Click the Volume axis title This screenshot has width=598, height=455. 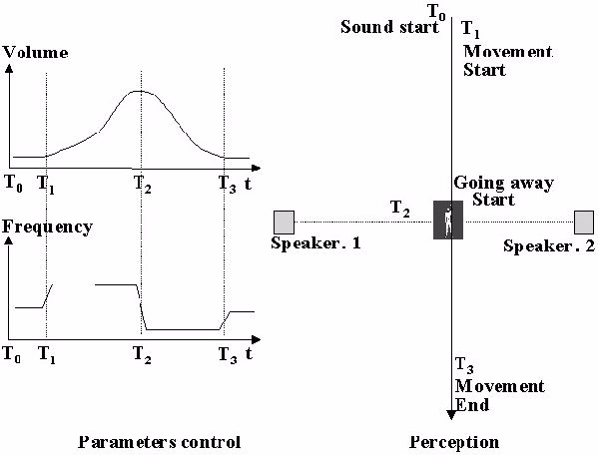pyautogui.click(x=36, y=52)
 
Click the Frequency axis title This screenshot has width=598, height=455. pyautogui.click(x=47, y=227)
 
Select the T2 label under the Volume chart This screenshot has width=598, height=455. pyautogui.click(x=142, y=185)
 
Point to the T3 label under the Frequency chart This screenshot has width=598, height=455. pyautogui.click(x=228, y=355)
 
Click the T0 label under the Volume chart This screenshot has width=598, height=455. pyautogui.click(x=13, y=184)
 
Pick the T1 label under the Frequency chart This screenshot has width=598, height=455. pyautogui.click(x=47, y=355)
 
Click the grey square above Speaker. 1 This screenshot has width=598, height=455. pyautogui.click(x=285, y=223)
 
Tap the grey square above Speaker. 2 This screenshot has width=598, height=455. pyautogui.click(x=584, y=223)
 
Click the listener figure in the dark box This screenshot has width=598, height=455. pyautogui.click(x=448, y=220)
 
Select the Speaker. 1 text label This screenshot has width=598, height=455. pyautogui.click(x=315, y=243)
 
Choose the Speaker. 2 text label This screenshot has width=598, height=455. pyautogui.click(x=549, y=246)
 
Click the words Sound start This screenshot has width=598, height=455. pyautogui.click(x=389, y=27)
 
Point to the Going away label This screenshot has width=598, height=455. pyautogui.click(x=503, y=184)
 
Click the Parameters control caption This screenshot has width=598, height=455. pyautogui.click(x=160, y=442)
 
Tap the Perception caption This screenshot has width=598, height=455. pyautogui.click(x=454, y=442)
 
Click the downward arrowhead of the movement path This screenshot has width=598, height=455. pyautogui.click(x=451, y=415)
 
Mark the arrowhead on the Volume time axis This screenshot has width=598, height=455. pyautogui.click(x=257, y=168)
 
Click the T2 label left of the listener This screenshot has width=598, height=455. pyautogui.click(x=400, y=210)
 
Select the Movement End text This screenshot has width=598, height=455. pyautogui.click(x=499, y=395)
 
